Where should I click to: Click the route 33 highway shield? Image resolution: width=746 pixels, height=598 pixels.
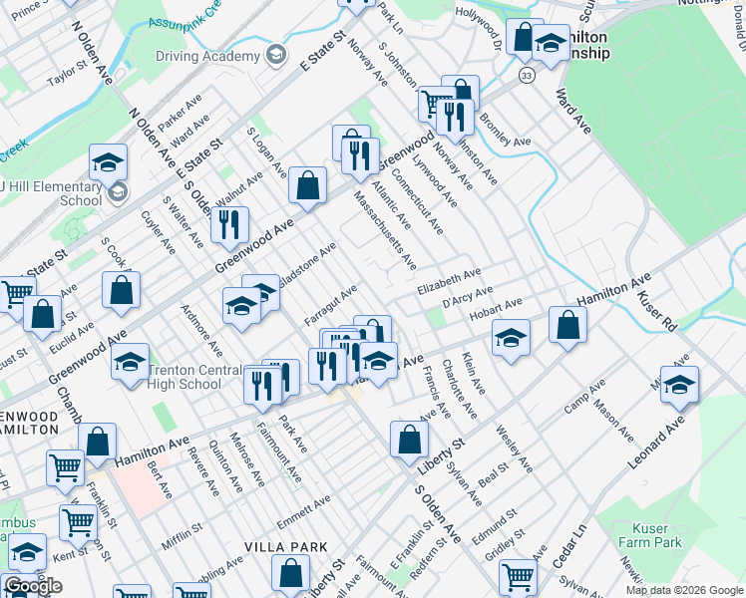(x=527, y=75)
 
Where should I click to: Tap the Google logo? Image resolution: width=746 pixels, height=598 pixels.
(x=33, y=586)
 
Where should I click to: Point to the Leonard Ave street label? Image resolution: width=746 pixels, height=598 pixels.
(x=657, y=443)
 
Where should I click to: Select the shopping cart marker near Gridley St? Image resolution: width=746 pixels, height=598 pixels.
(x=519, y=577)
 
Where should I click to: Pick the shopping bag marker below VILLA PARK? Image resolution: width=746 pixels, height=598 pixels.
(x=290, y=573)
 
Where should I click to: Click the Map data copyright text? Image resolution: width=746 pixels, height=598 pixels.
(x=683, y=590)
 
